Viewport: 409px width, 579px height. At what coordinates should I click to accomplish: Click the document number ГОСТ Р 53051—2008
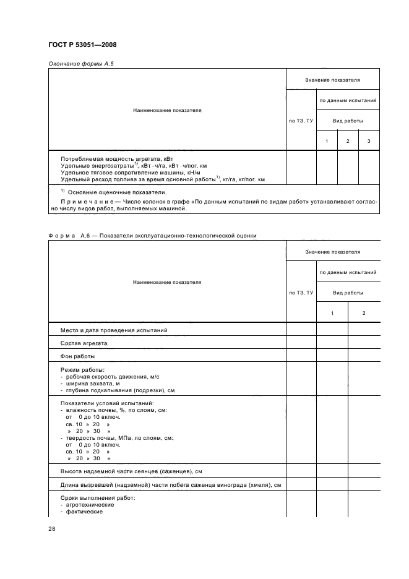82,45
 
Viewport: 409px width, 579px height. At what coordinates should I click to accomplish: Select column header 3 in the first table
369,142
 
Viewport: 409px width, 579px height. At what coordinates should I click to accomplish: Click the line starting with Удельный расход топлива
162,179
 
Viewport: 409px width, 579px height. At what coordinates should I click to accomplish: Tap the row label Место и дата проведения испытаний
114,330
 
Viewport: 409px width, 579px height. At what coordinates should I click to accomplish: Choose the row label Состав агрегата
82,343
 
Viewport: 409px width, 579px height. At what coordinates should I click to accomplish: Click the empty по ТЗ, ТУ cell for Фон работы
301,356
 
